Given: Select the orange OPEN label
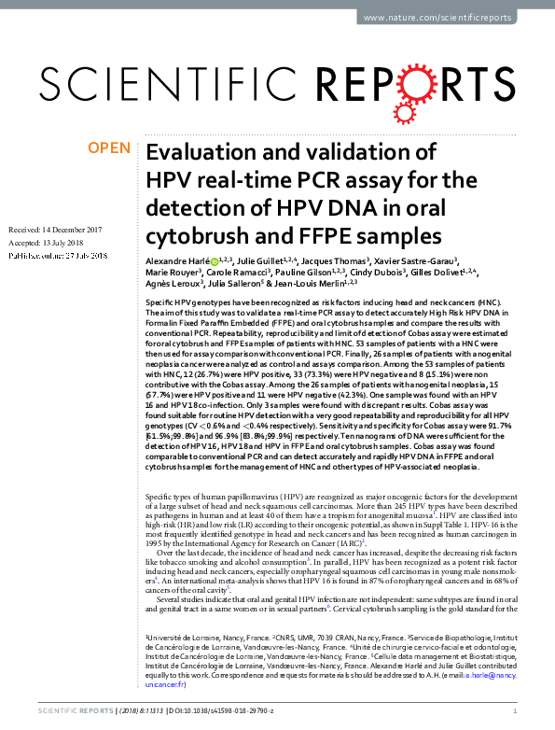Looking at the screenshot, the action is point(110,147).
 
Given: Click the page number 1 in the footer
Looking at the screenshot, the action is point(528,710).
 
